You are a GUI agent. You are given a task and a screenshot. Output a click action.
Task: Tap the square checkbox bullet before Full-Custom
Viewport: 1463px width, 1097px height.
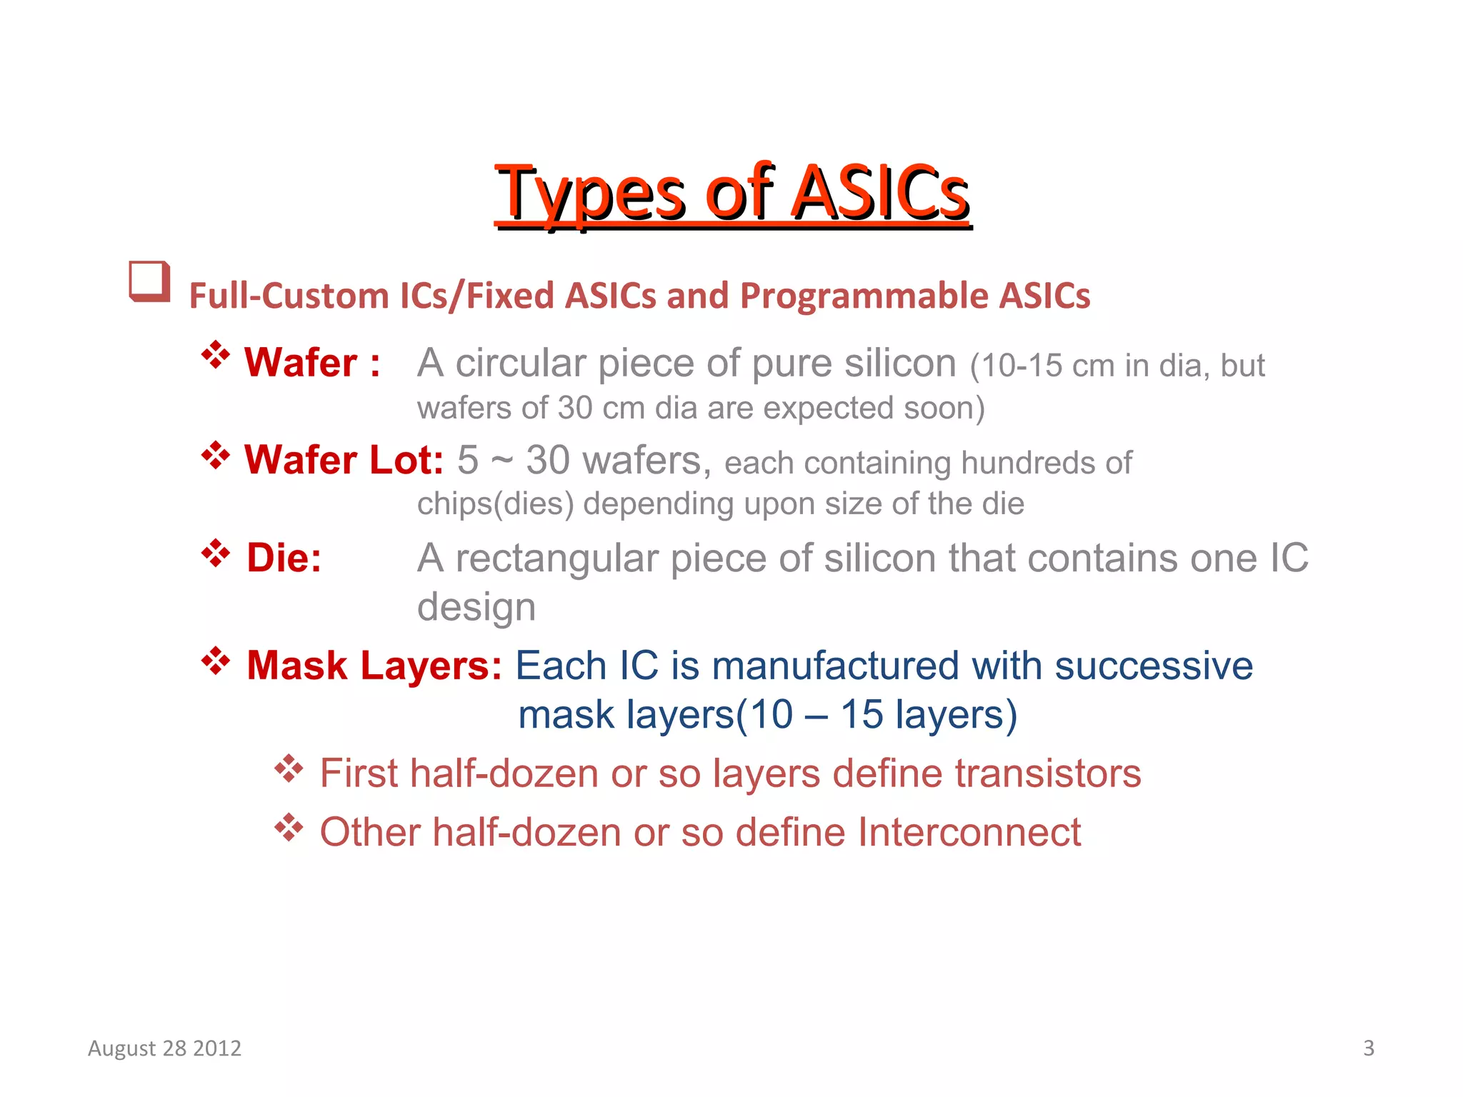coord(149,281)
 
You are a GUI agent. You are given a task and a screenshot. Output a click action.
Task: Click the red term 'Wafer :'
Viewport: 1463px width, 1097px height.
coord(311,363)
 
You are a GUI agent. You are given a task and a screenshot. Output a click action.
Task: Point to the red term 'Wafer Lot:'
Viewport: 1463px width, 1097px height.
coord(344,460)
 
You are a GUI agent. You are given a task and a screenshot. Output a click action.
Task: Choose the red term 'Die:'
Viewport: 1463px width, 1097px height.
coord(284,558)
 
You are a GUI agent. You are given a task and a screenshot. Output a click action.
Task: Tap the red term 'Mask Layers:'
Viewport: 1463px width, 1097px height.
coord(374,666)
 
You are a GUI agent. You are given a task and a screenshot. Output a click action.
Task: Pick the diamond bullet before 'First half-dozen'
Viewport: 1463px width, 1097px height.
coord(289,768)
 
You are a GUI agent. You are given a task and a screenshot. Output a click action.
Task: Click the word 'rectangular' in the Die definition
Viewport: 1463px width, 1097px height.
coord(556,558)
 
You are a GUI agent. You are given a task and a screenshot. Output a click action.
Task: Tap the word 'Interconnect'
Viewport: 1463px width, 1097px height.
coord(969,833)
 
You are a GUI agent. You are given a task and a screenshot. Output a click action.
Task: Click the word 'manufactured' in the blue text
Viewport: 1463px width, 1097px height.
coord(835,666)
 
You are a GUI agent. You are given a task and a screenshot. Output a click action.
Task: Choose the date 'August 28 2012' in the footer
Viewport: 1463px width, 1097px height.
coord(164,1048)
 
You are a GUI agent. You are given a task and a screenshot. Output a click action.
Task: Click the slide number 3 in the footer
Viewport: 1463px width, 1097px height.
coord(1368,1048)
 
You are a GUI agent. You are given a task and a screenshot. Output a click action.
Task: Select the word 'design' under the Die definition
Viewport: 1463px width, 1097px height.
coord(476,608)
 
